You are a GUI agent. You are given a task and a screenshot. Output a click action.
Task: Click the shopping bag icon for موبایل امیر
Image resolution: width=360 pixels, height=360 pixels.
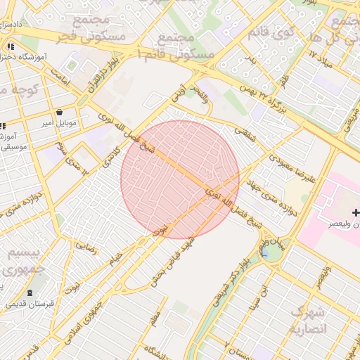click(x=59, y=112)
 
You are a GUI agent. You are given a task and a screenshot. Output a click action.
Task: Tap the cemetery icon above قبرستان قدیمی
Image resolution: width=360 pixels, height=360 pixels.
click(x=29, y=292)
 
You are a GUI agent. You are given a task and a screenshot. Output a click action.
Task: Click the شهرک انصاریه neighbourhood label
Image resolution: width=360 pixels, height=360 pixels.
click(x=309, y=321)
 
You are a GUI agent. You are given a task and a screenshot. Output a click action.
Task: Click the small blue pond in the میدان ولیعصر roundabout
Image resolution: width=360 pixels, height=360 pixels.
click(x=269, y=252)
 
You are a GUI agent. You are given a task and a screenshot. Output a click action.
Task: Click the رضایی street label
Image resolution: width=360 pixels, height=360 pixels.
click(x=86, y=246)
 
